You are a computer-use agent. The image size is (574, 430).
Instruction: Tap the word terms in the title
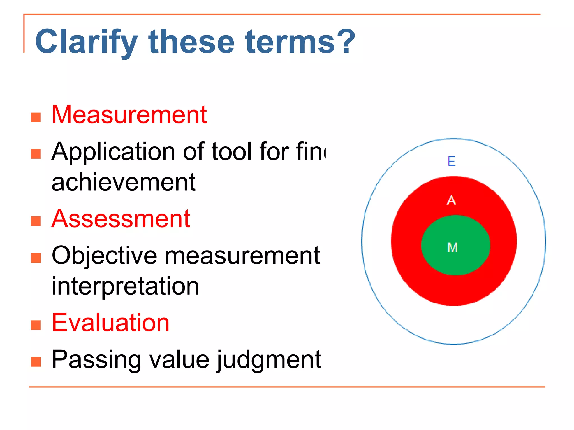(290, 42)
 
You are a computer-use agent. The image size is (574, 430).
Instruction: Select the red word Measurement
(129, 114)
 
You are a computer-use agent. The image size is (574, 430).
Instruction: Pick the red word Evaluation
(111, 323)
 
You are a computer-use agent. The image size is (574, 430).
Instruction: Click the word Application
(114, 152)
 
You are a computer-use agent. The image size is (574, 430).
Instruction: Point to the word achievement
(124, 182)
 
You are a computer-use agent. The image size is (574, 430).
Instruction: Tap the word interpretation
(125, 286)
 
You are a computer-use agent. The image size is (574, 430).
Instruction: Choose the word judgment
(269, 360)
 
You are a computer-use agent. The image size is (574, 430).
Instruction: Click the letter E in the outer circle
(451, 162)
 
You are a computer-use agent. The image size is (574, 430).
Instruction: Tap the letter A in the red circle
(451, 200)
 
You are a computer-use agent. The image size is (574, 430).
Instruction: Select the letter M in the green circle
(453, 247)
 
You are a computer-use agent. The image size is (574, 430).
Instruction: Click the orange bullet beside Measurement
(36, 117)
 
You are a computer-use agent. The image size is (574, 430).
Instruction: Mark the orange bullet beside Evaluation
(36, 325)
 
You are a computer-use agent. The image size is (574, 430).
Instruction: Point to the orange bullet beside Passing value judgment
(36, 362)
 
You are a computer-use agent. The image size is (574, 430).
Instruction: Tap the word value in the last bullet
(179, 360)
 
